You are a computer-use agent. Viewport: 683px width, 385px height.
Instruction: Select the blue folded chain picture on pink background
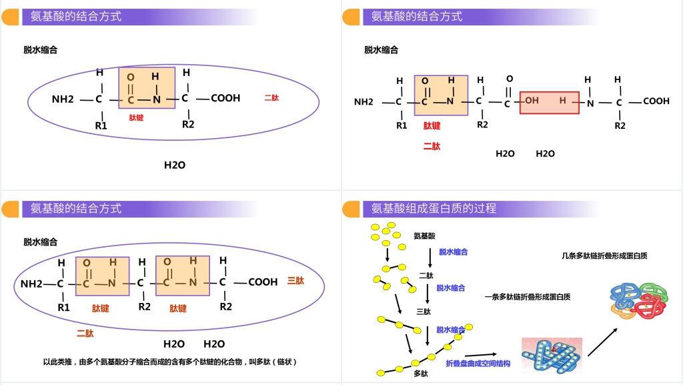click(551, 354)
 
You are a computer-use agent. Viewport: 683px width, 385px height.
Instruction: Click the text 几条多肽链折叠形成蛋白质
click(604, 256)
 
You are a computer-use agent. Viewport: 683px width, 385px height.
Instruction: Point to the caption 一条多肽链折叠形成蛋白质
click(527, 297)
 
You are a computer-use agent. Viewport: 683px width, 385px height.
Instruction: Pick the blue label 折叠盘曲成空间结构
click(478, 364)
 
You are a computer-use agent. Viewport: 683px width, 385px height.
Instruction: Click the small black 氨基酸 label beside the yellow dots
click(424, 236)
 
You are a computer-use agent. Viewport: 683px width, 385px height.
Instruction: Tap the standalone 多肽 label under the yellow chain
click(421, 373)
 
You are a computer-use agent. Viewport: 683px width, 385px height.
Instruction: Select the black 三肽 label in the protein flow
click(424, 311)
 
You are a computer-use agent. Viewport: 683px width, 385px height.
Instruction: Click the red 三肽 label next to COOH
click(295, 281)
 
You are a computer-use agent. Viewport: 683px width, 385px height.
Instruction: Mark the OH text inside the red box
click(532, 101)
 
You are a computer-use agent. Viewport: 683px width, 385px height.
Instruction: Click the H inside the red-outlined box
click(562, 101)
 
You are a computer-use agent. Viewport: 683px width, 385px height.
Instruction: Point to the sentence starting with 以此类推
click(169, 362)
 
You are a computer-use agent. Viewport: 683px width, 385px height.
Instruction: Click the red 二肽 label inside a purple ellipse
click(271, 98)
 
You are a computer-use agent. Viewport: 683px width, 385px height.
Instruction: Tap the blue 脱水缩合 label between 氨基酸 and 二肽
click(453, 252)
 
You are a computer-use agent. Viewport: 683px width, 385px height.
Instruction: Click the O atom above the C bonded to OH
click(510, 79)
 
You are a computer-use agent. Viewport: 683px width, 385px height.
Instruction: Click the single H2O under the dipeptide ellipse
click(175, 165)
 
